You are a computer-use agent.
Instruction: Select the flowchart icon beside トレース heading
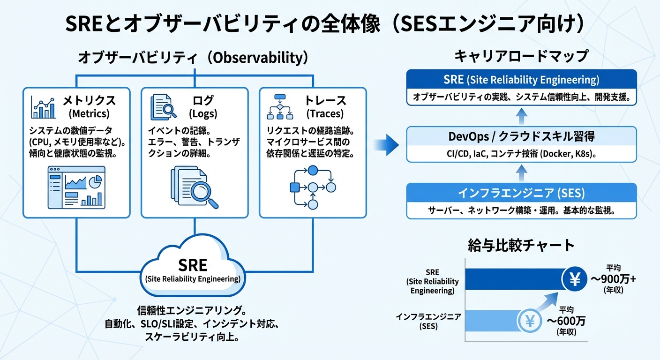point(280,107)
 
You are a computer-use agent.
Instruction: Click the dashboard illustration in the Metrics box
point(76,187)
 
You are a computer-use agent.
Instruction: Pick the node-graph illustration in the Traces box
point(313,187)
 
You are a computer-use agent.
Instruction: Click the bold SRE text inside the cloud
point(193,265)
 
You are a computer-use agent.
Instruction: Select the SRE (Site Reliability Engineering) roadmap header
point(521,80)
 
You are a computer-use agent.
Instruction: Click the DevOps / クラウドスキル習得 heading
point(521,136)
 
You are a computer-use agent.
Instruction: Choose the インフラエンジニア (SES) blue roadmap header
point(521,193)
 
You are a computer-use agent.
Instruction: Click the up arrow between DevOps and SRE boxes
point(521,115)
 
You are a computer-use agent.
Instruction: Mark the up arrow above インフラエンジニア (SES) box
point(521,172)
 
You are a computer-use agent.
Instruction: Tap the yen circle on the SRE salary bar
point(575,280)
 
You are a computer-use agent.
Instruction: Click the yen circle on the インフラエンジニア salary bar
point(530,322)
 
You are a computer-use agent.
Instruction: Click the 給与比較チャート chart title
point(521,245)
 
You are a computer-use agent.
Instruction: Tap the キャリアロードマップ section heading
point(521,57)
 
